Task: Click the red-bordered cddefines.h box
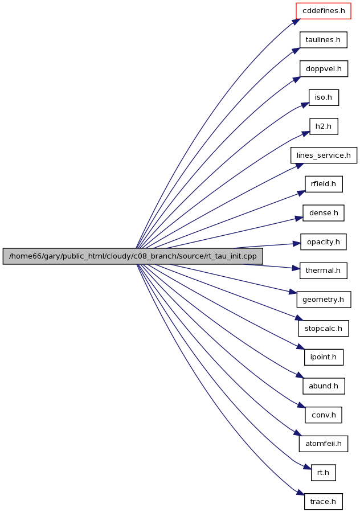coord(324,11)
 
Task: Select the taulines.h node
coord(324,40)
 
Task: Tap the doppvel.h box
coord(324,69)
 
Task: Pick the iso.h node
coord(324,97)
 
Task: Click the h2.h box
coord(324,126)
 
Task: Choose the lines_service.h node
coord(324,155)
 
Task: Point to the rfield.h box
coord(324,184)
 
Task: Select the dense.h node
coord(324,213)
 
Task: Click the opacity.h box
coord(324,242)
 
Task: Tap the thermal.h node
coord(324,271)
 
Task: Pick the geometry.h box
coord(324,300)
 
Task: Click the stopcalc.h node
coord(324,329)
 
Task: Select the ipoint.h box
coord(324,357)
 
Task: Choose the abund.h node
coord(324,386)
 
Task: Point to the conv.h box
coord(324,415)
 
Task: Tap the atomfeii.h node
coord(324,444)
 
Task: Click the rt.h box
coord(324,473)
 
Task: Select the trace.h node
coord(324,502)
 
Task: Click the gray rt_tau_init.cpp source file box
coord(133,256)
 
